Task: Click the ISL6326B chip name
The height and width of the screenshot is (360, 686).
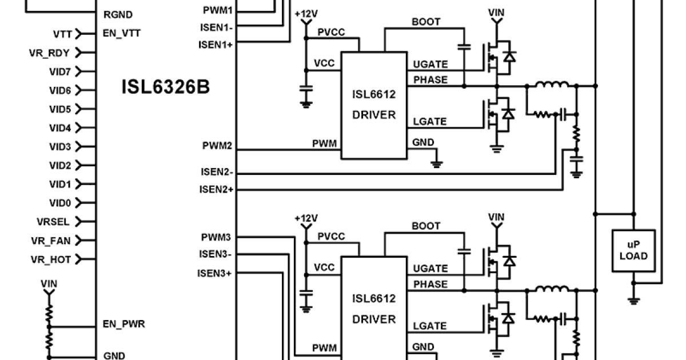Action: coord(165,87)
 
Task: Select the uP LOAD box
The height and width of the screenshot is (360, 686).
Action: coord(633,250)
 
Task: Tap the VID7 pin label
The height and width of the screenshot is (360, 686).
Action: coord(60,71)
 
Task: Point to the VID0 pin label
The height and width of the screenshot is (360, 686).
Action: coord(60,203)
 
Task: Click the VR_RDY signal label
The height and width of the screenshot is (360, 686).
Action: coord(49,53)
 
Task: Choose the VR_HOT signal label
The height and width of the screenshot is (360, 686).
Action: coord(51,259)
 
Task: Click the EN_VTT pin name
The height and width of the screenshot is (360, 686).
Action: coord(121,33)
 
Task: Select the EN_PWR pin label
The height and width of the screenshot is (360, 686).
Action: coord(123,324)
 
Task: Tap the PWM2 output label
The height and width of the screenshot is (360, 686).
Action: coord(217,146)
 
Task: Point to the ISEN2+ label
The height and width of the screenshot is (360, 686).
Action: coord(216,189)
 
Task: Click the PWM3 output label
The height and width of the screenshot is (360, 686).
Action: coord(217,237)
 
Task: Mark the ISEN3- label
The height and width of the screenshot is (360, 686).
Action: coord(216,254)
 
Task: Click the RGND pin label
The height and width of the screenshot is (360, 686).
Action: coord(118,15)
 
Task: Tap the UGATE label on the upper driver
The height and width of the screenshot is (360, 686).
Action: coord(430,64)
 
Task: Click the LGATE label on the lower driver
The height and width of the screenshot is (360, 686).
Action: coord(430,326)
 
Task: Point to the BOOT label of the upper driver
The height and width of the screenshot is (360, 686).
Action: coord(426,22)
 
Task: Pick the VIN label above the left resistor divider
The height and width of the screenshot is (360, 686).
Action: coord(49,283)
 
